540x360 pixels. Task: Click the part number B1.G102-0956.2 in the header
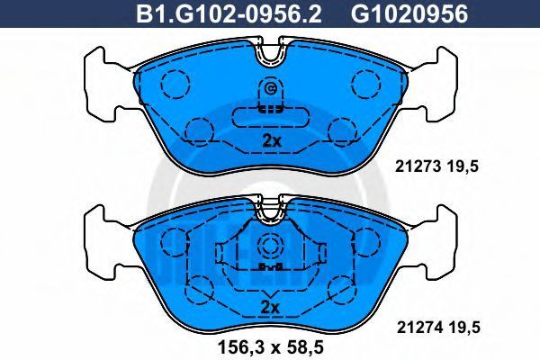[229, 14]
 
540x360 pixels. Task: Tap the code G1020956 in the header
[409, 14]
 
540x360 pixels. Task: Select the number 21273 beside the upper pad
[418, 166]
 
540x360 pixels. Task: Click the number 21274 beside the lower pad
[419, 328]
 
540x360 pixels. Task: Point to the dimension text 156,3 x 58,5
[271, 347]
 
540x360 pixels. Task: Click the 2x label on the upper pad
[272, 141]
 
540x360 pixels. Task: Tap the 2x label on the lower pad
[270, 307]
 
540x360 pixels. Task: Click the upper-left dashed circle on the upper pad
[175, 85]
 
